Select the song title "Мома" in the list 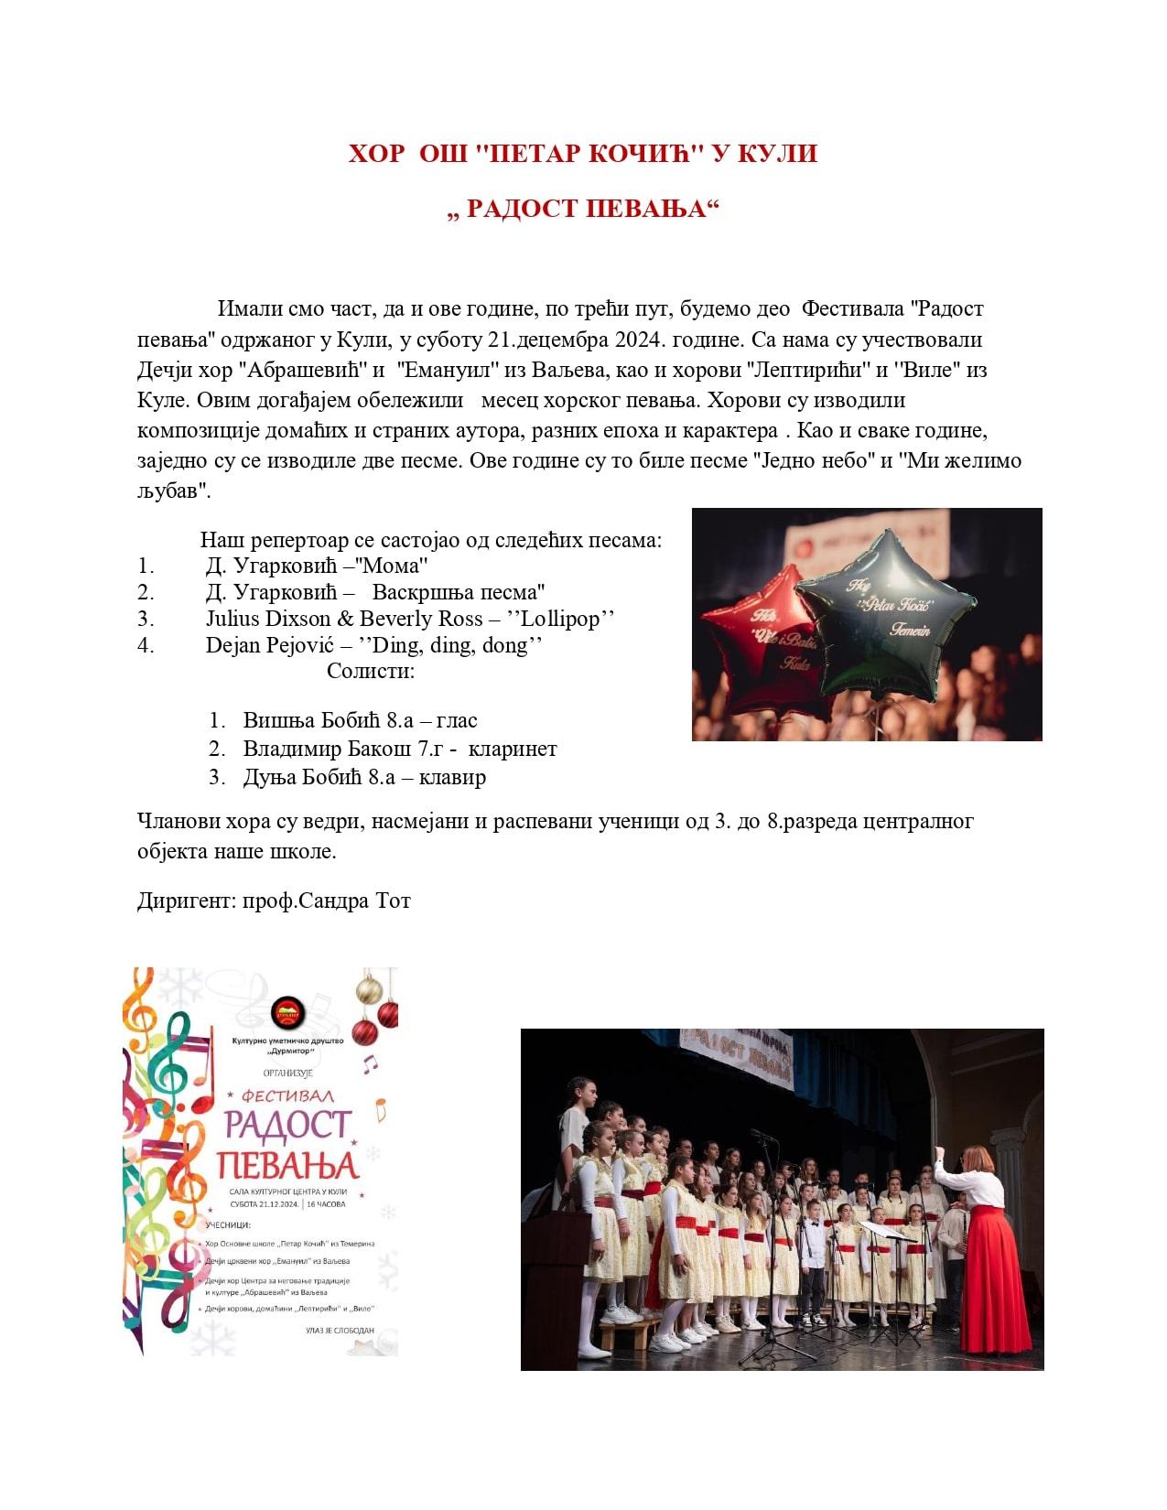395,566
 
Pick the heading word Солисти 370,671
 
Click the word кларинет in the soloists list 513,749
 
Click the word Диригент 186,901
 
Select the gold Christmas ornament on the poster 368,989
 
